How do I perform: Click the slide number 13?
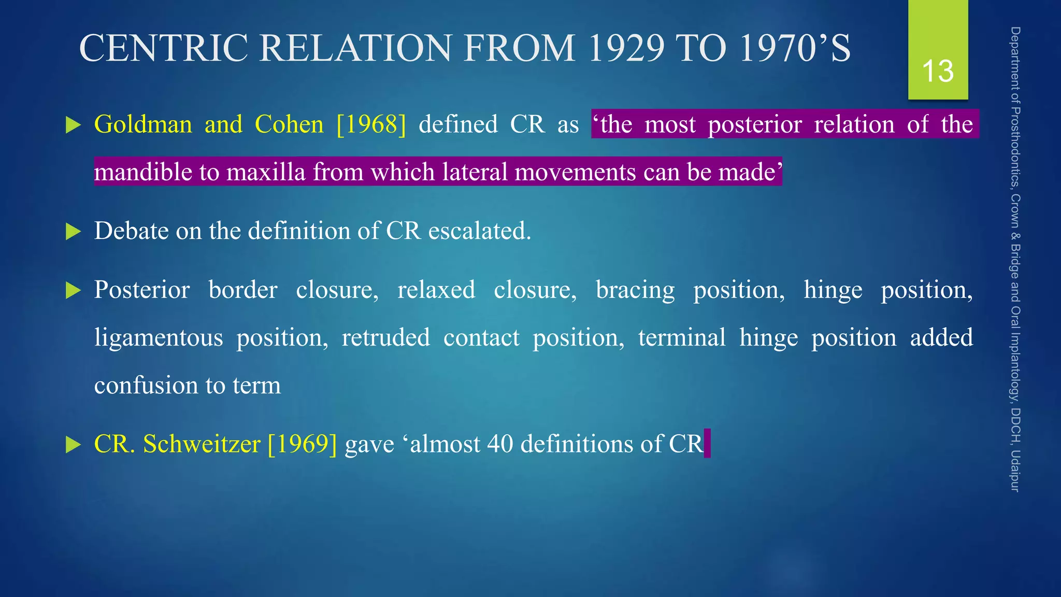[938, 71]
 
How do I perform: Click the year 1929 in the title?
[626, 48]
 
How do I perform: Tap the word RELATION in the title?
[356, 48]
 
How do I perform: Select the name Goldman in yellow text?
[143, 124]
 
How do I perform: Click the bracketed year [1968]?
[371, 124]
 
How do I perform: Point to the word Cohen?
[289, 124]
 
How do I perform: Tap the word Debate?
[132, 231]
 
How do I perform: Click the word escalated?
[480, 231]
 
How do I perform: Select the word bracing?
[635, 290]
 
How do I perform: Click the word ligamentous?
[159, 338]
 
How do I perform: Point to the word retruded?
[385, 338]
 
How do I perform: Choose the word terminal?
[682, 338]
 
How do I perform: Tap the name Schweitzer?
[202, 444]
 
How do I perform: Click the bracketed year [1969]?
[303, 444]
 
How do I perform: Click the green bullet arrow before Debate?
[74, 232]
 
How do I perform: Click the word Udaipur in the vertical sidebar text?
[1015, 471]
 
